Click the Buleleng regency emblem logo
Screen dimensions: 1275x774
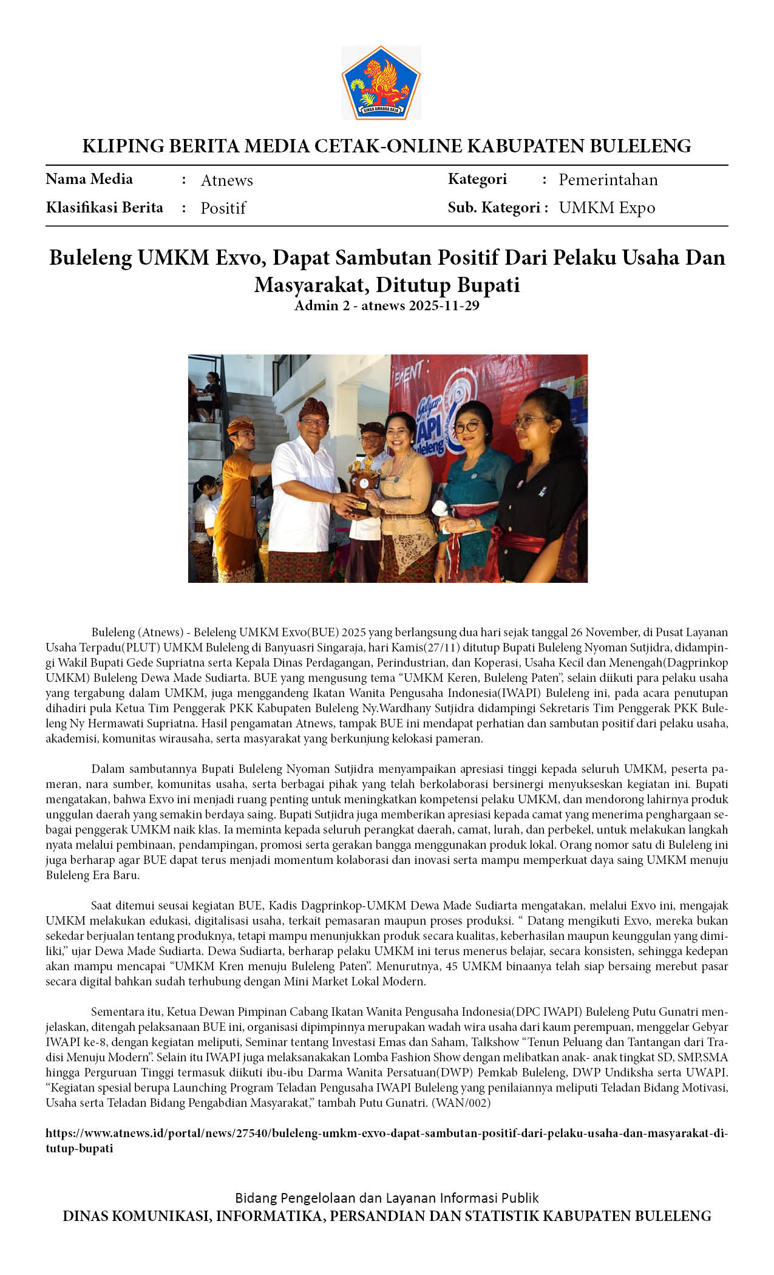coord(381,83)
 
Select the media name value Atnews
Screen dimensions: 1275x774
coord(226,180)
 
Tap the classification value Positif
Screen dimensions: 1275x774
coord(223,208)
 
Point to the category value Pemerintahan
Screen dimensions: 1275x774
coord(608,180)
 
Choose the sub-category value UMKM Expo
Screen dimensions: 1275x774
coord(606,208)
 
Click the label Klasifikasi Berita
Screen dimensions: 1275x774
coord(104,208)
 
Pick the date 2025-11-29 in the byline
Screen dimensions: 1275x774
coord(444,305)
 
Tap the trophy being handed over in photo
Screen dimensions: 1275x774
coord(362,486)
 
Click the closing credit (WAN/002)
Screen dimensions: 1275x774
coord(461,1103)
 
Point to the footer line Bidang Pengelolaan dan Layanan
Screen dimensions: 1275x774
coord(386,1198)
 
